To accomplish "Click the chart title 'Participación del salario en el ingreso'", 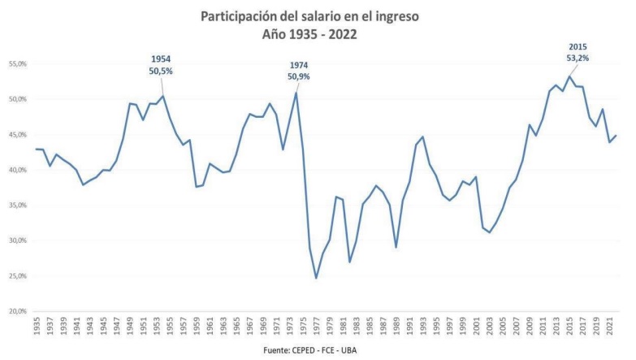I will (x=317, y=16).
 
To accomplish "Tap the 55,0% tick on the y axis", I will (x=17, y=63).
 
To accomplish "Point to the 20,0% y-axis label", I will (x=17, y=311).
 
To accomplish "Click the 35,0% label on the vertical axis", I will (x=17, y=205).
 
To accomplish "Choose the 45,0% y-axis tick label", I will (x=17, y=134).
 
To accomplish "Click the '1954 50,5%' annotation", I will (x=161, y=65).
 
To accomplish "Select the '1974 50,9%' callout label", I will (x=298, y=71).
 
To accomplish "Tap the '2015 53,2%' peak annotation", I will (x=578, y=52).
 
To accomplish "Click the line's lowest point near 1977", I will (x=316, y=278).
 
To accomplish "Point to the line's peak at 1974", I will (x=296, y=93).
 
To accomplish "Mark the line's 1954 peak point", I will (x=163, y=96).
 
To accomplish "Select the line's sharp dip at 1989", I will (x=396, y=247).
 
